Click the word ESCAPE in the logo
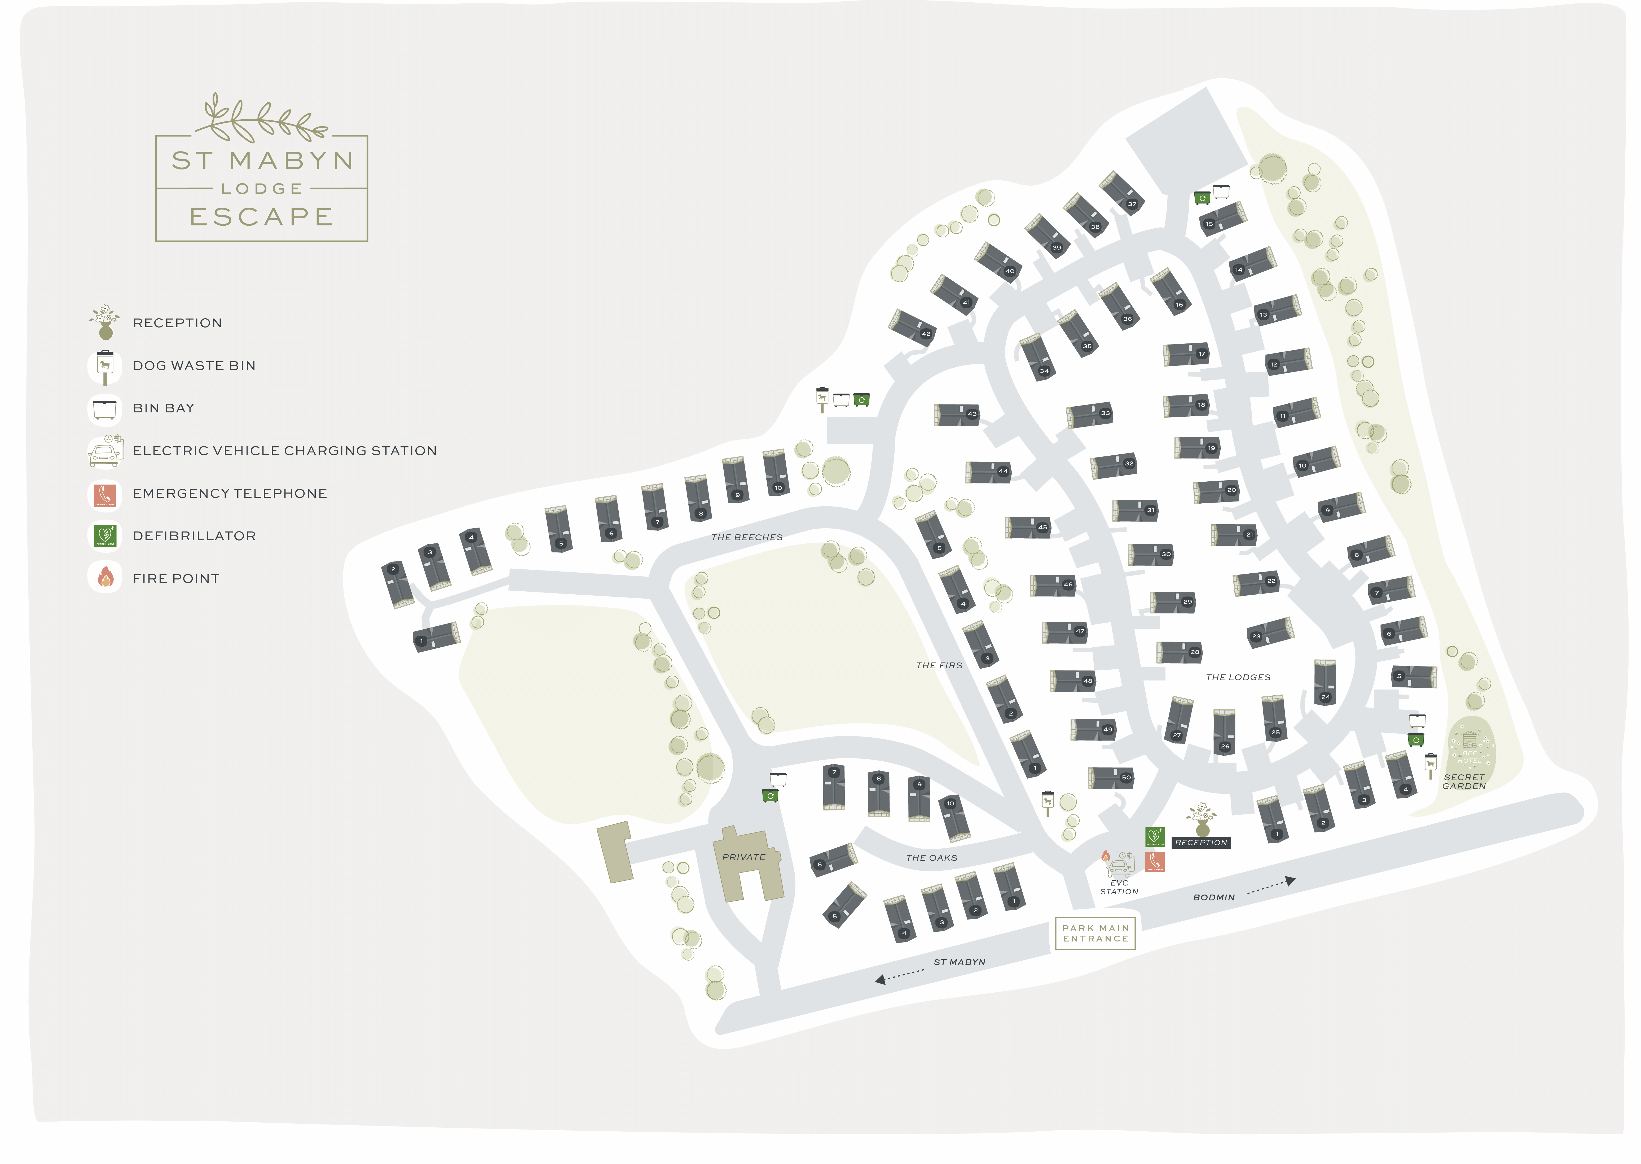coord(261,216)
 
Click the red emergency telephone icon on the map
coord(1154,861)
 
